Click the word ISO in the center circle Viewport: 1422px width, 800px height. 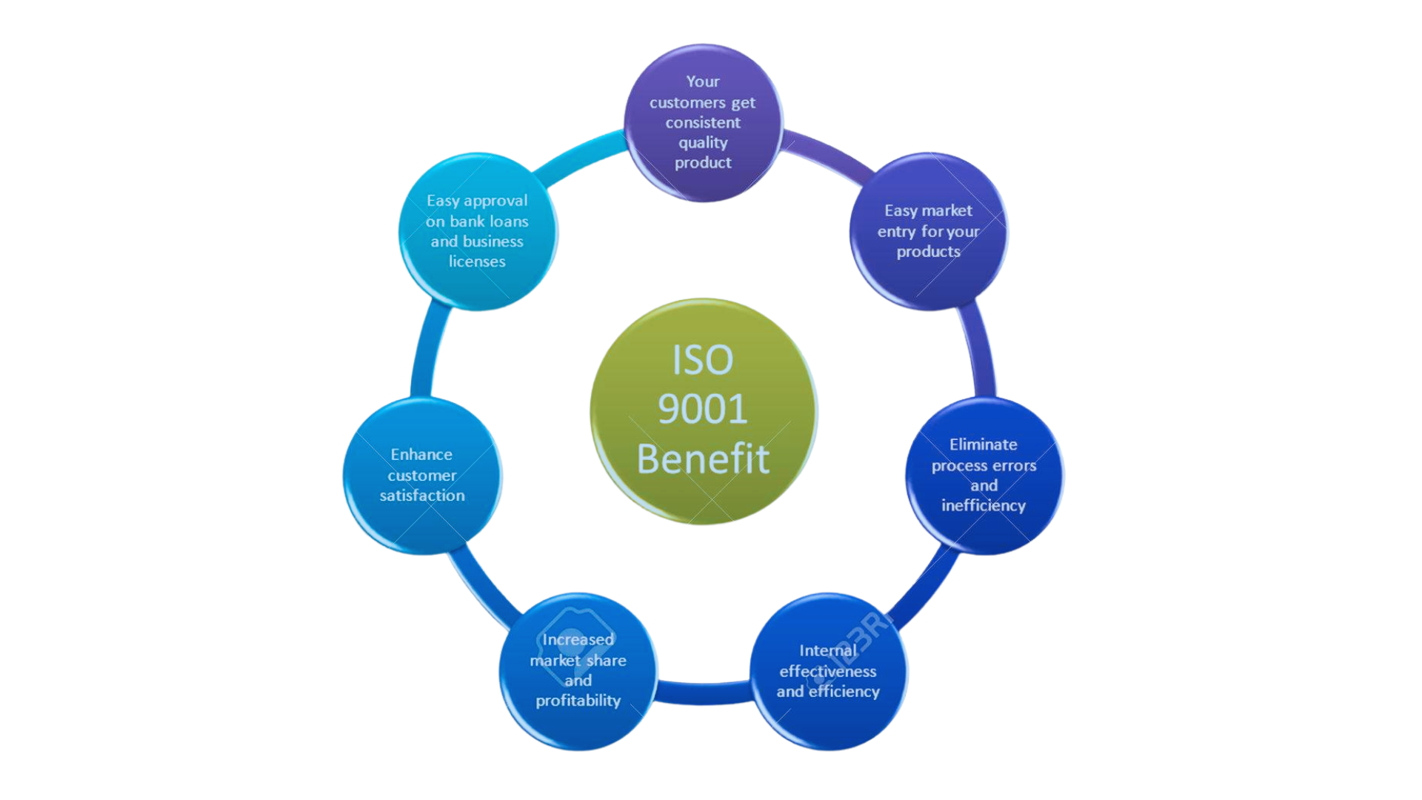pos(702,360)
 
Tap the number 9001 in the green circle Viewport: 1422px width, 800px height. pos(702,409)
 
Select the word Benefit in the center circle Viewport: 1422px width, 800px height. pos(703,459)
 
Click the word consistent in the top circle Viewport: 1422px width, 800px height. pos(703,122)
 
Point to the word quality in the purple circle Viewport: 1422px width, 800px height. pos(703,143)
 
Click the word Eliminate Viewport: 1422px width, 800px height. pos(983,444)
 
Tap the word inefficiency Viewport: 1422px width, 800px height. pos(983,505)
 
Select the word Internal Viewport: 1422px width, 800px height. pos(827,650)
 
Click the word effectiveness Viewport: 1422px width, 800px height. pos(827,671)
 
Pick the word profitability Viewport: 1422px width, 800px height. pos(578,701)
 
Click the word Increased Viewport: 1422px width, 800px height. pos(578,639)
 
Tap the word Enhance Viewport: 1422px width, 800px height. pos(421,454)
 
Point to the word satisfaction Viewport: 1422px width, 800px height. pos(422,495)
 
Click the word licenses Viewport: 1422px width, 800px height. pos(477,261)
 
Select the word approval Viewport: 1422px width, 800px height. pos(495,201)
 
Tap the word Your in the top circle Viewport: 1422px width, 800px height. pos(702,81)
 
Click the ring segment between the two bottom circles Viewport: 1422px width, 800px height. pos(703,693)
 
